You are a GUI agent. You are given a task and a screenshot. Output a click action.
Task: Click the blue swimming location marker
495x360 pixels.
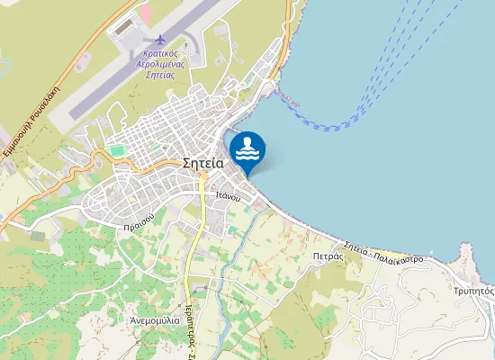(247, 149)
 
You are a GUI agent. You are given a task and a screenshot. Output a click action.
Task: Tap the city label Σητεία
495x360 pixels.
(202, 164)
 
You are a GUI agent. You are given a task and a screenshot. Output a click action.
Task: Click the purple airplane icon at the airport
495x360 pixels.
(160, 40)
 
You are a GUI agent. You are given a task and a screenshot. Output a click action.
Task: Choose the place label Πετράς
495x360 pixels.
(329, 256)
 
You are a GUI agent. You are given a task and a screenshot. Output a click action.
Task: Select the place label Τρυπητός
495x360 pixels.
(472, 292)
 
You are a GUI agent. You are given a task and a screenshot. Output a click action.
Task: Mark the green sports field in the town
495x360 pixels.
(117, 149)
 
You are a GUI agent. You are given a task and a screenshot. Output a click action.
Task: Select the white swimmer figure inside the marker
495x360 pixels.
(247, 146)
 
